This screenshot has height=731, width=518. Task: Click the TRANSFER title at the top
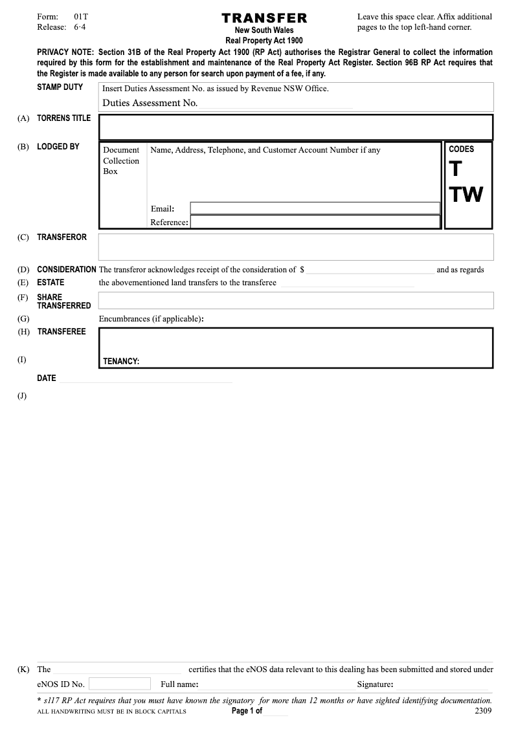264,18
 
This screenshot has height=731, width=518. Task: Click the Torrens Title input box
296,127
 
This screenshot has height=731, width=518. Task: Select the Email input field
315,208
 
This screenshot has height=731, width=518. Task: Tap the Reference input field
315,222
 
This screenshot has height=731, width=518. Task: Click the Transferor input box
296,247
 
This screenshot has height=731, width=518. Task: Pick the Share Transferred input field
296,300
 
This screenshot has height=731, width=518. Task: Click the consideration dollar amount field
370,270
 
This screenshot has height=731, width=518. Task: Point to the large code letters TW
466,193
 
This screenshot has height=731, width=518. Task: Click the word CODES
462,149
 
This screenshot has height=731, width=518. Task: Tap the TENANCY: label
121,362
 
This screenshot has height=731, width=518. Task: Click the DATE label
47,378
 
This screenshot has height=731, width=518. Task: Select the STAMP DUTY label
60,87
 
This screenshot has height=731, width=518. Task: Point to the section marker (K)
24,670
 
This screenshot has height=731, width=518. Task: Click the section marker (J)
23,396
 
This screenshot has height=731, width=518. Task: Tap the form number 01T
81,16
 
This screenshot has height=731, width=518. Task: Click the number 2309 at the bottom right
483,711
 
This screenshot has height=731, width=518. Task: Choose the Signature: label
376,684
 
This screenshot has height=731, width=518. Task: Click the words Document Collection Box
121,160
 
